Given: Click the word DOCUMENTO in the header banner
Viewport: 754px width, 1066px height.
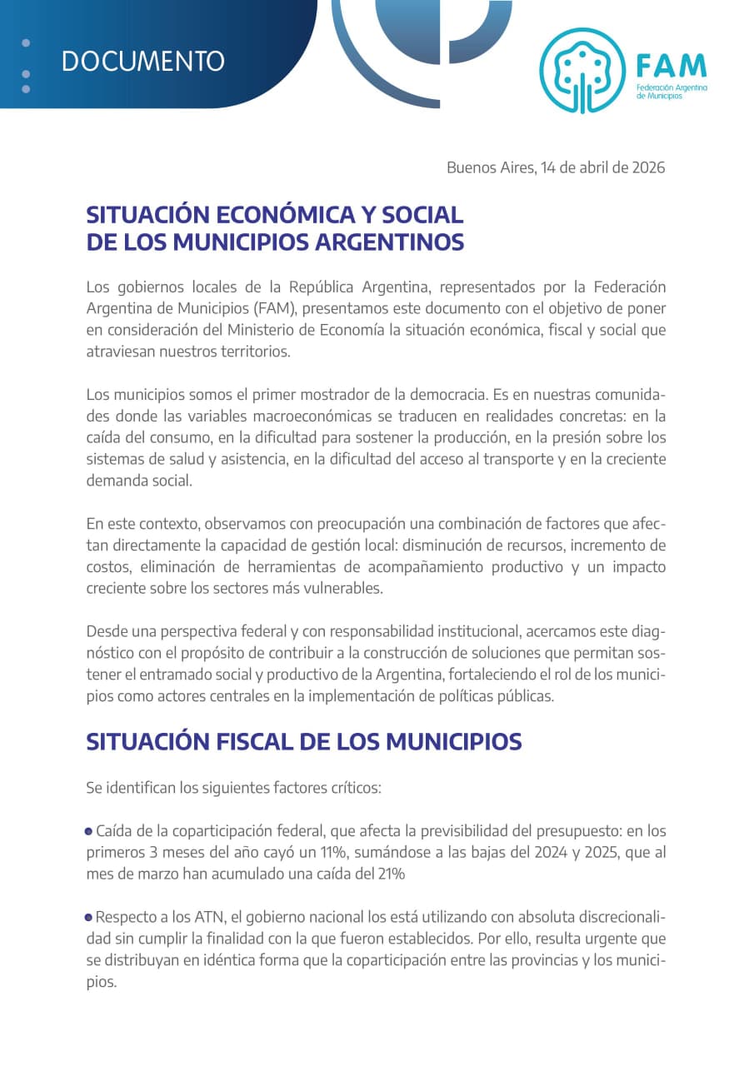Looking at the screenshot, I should (143, 62).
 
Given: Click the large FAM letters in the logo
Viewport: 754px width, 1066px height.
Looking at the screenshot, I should (671, 65).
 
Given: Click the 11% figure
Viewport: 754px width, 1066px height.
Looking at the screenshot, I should (316, 853).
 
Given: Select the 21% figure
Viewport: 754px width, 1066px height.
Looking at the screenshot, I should (391, 874).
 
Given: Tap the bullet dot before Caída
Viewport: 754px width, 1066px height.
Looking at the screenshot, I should (89, 831).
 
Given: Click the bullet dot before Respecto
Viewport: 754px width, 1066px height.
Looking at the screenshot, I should (89, 918).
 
